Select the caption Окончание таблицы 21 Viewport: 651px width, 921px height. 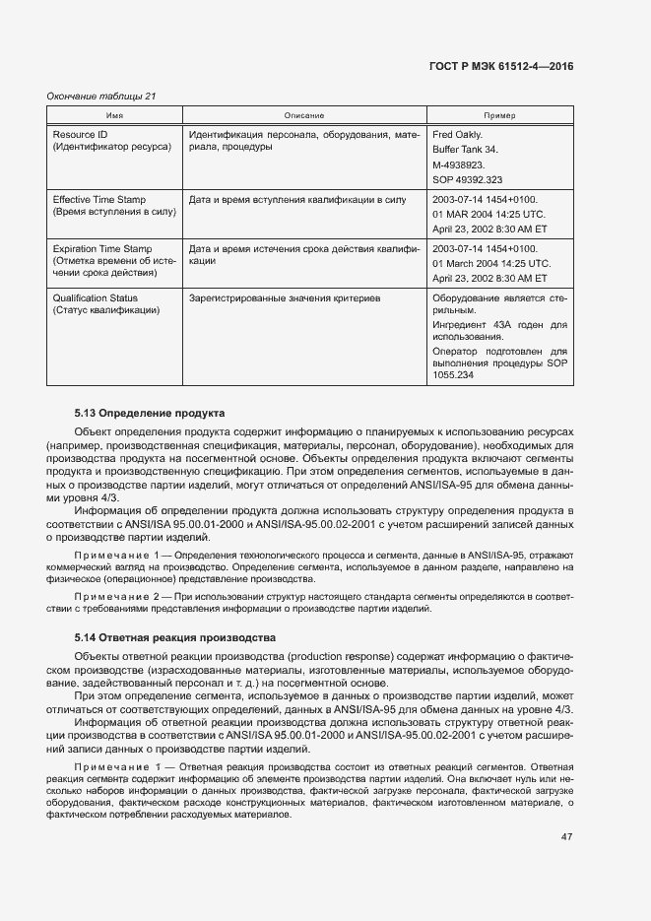tap(101, 96)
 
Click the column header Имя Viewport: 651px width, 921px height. tap(114, 116)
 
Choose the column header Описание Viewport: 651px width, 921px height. tap(304, 116)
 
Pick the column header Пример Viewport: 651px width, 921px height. tap(500, 116)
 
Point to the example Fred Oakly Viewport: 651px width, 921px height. tap(457, 134)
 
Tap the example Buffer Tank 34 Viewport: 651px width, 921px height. tap(466, 150)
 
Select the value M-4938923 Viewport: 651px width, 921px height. tap(458, 164)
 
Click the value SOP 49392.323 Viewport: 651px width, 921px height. tap(468, 180)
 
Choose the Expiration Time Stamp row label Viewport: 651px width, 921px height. tap(102, 249)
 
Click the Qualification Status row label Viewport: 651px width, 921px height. tap(96, 298)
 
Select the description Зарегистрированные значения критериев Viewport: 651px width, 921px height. tap(284, 298)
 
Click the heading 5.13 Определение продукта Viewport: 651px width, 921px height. tap(151, 413)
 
